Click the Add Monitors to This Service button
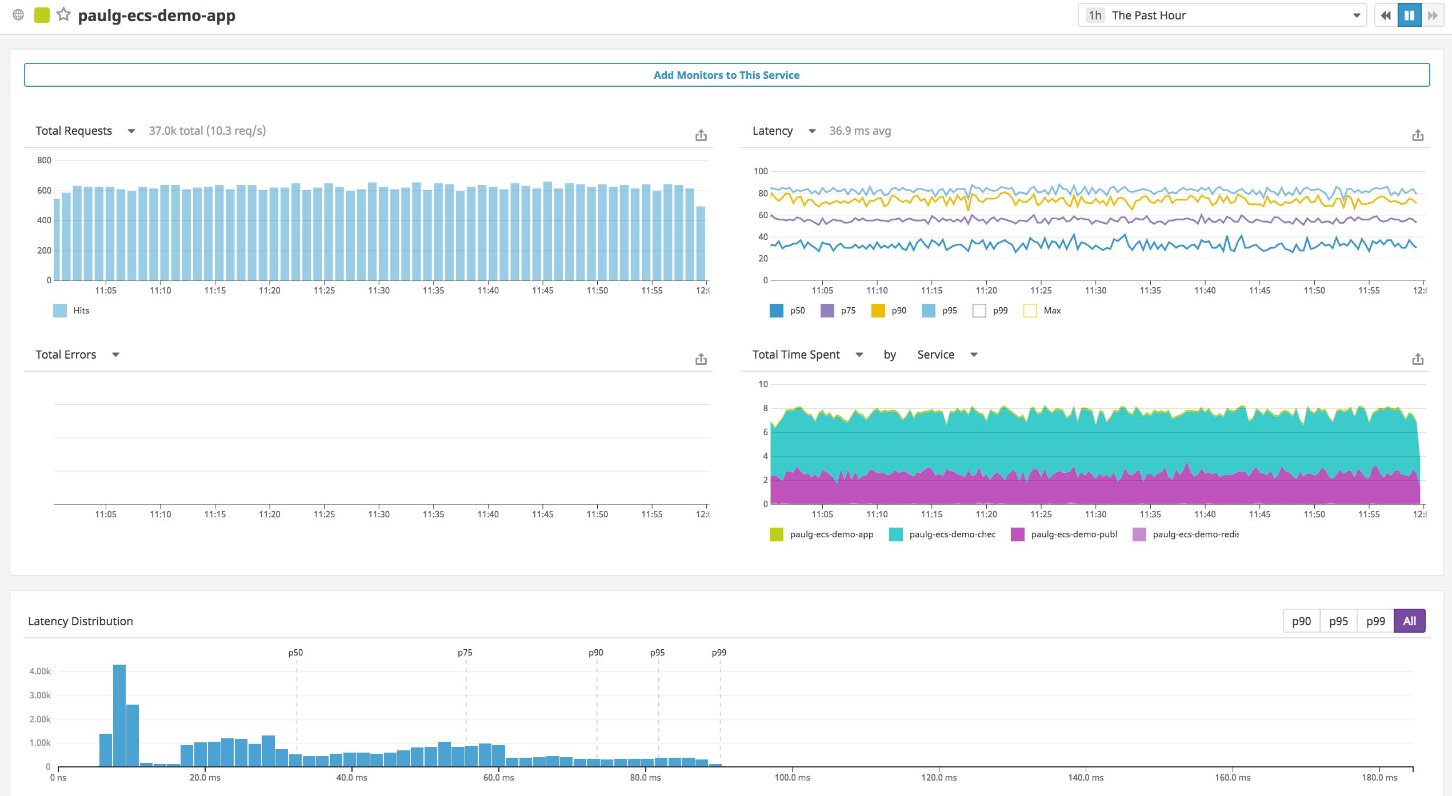click(726, 75)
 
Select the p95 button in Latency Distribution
click(1338, 621)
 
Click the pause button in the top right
click(1409, 15)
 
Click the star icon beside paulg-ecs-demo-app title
click(63, 15)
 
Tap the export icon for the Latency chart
click(1417, 135)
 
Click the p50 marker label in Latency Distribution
click(295, 652)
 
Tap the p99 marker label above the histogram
click(719, 652)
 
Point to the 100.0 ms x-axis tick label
click(792, 777)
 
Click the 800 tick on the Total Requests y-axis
click(44, 160)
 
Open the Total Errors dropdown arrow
click(115, 355)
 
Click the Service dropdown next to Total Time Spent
click(947, 355)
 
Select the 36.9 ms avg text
click(859, 131)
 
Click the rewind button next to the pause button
click(1385, 15)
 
